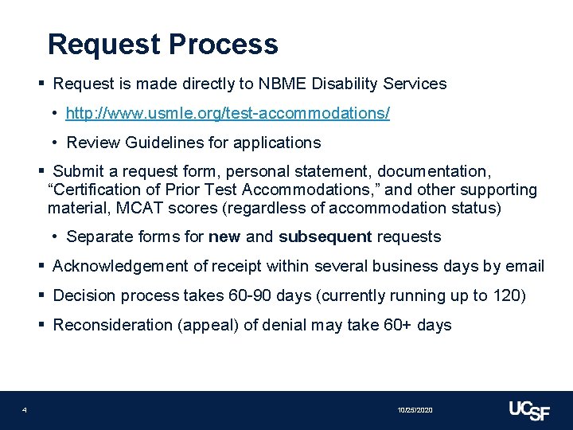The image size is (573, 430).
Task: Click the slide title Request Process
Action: (162, 44)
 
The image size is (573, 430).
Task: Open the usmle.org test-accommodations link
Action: (228, 114)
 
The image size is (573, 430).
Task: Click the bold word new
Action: (224, 237)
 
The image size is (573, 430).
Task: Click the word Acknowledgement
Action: (118, 266)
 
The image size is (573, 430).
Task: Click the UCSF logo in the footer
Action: (528, 409)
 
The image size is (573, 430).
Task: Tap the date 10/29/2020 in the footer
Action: (415, 410)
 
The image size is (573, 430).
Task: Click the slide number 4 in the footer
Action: (25, 410)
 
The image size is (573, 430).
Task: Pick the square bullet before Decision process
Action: (41, 295)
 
